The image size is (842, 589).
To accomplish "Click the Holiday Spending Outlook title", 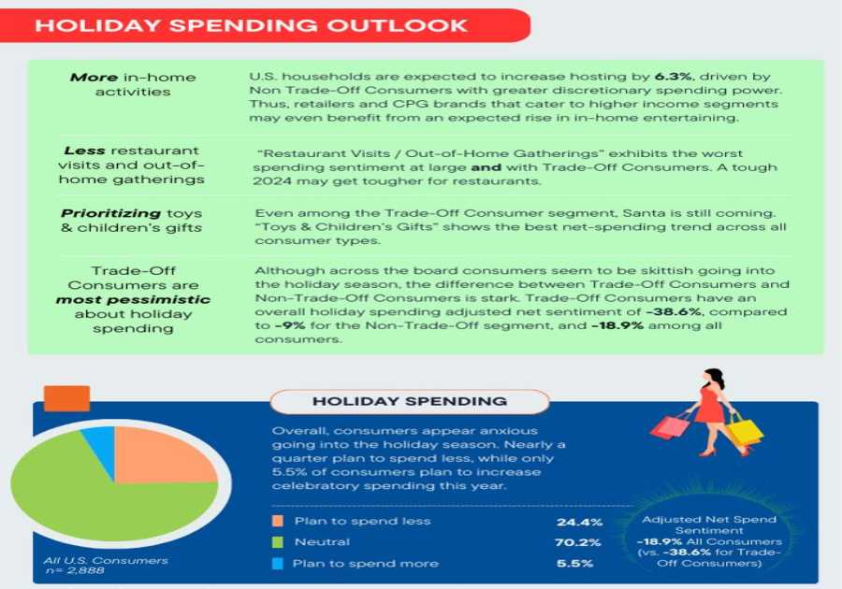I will click(x=251, y=25).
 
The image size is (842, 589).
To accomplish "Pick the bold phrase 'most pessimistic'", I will click(x=132, y=300).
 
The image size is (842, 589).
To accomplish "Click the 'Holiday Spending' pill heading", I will click(x=410, y=401).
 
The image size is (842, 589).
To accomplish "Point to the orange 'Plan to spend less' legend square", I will click(x=277, y=521).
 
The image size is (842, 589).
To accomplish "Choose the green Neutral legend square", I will click(x=277, y=542).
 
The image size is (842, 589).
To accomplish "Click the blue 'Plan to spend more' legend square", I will click(x=277, y=564).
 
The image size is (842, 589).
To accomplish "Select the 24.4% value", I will click(x=574, y=522).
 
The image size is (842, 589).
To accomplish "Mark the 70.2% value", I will click(x=574, y=542).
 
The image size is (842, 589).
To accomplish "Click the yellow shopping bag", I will click(x=745, y=431).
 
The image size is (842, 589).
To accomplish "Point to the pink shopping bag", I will click(x=669, y=426).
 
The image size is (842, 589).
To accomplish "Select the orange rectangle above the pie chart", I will click(x=66, y=399).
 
